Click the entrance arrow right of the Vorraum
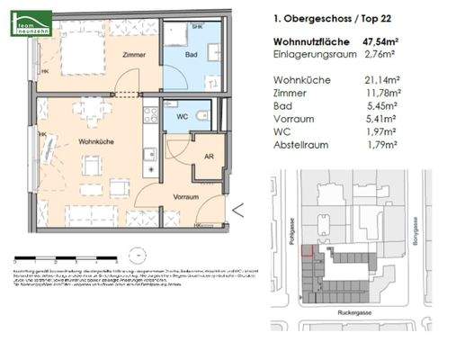[237, 211]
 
